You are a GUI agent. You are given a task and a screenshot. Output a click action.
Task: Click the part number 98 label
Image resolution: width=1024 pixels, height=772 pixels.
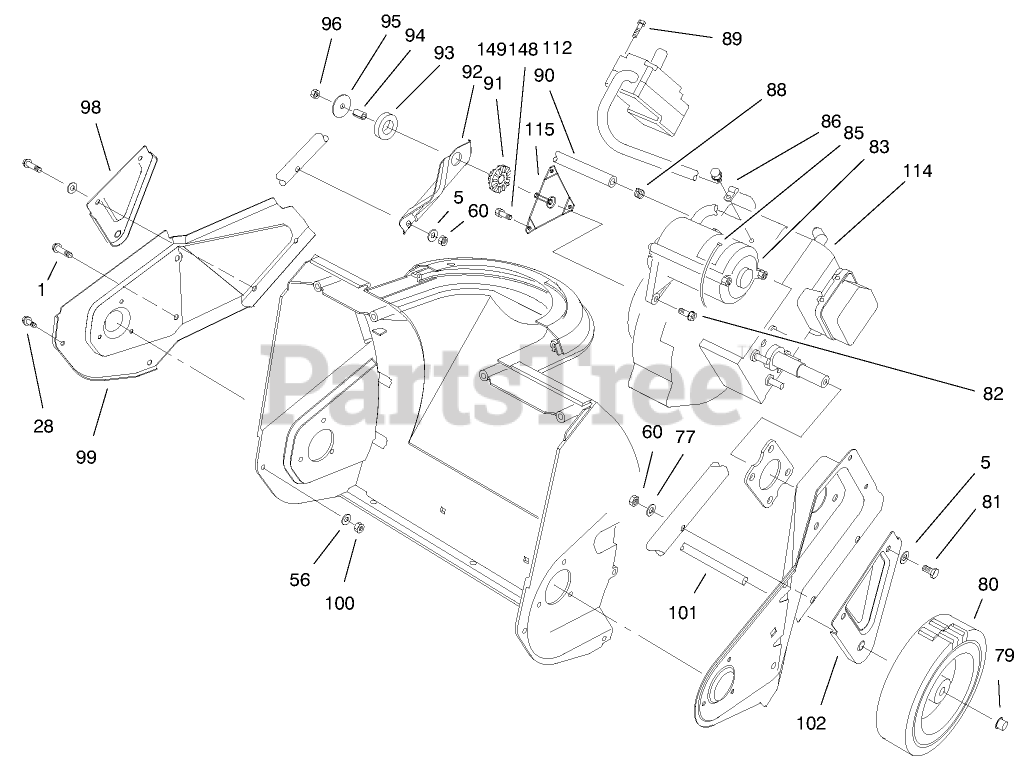90,107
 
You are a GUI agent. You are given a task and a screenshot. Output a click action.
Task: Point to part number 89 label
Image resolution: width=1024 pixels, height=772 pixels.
731,39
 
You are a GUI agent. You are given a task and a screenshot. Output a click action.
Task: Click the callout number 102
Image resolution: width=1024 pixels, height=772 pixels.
811,724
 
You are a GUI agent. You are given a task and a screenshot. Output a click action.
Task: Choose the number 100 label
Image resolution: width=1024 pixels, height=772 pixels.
339,603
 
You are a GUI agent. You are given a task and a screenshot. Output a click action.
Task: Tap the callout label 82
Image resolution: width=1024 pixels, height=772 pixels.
991,394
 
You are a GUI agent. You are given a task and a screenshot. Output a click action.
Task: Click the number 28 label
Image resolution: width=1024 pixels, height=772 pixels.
43,426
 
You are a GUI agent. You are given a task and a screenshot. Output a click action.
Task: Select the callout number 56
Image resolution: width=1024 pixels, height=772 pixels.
300,580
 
